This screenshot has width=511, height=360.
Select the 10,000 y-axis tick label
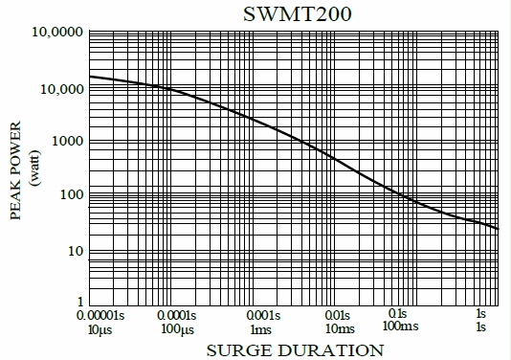56,89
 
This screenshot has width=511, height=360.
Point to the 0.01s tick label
337,314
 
